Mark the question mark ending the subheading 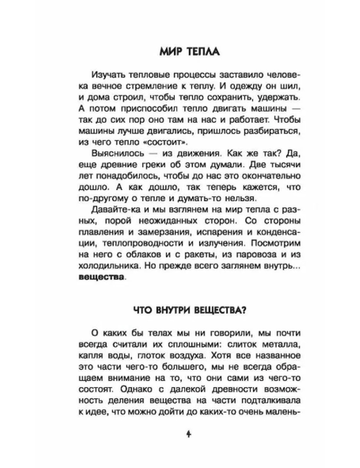[244, 310]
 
